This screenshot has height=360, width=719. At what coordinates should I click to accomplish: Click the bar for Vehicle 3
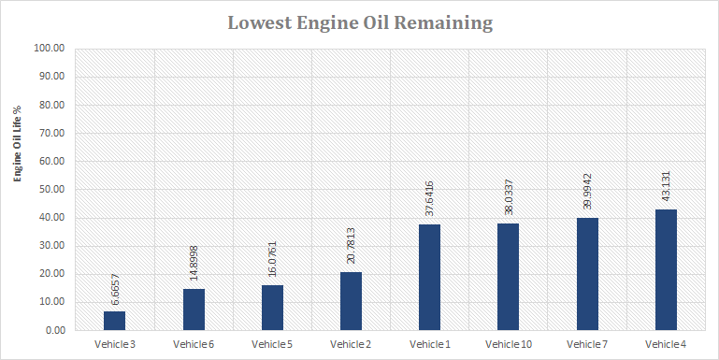[114, 321]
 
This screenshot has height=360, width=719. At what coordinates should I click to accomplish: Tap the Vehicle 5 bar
[272, 308]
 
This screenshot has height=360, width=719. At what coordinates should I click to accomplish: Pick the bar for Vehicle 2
[351, 301]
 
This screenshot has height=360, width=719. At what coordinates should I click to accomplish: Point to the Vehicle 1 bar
[429, 277]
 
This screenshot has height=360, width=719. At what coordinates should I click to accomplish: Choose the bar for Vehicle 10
[508, 277]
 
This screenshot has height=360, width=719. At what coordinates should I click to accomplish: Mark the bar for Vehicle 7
[586, 274]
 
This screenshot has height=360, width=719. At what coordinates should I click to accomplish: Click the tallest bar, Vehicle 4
[666, 269]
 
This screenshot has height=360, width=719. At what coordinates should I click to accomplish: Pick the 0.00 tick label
[54, 330]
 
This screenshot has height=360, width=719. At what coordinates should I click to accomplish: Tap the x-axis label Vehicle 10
[508, 345]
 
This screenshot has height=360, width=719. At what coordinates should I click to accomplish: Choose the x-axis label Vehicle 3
[114, 345]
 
